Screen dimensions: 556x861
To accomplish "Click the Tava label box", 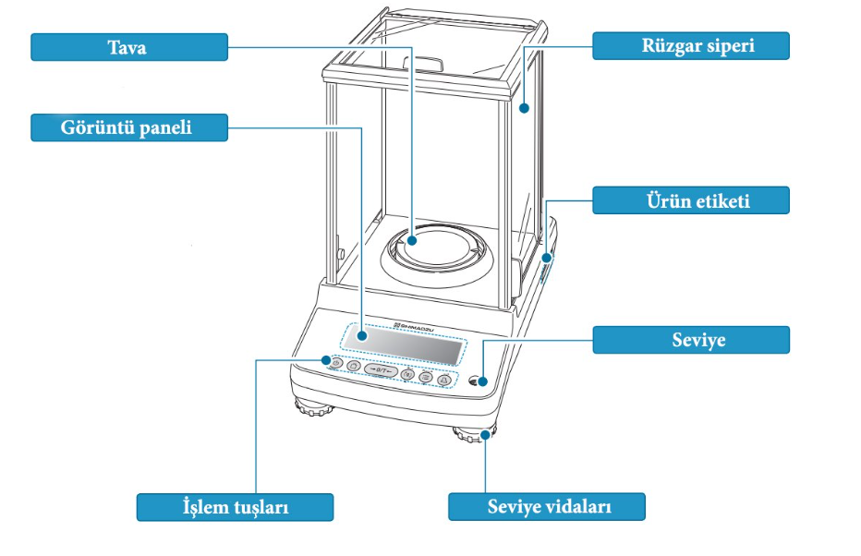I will [128, 47].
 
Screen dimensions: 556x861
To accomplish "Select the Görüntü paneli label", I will [128, 127].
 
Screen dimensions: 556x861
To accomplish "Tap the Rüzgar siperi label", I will [690, 45].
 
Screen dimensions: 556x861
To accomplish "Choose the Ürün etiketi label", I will [690, 200].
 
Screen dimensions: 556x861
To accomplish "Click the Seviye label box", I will [690, 340].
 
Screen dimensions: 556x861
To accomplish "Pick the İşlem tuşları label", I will [235, 507].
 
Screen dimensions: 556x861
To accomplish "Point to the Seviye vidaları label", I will [547, 507].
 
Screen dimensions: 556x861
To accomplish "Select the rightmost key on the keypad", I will [443, 379].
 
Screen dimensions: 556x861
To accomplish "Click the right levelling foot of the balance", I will [473, 435].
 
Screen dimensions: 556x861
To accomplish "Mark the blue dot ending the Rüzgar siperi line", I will [524, 108].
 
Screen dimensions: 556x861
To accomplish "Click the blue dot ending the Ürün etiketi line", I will [547, 258].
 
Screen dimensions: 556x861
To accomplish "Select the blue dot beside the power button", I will [325, 360].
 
